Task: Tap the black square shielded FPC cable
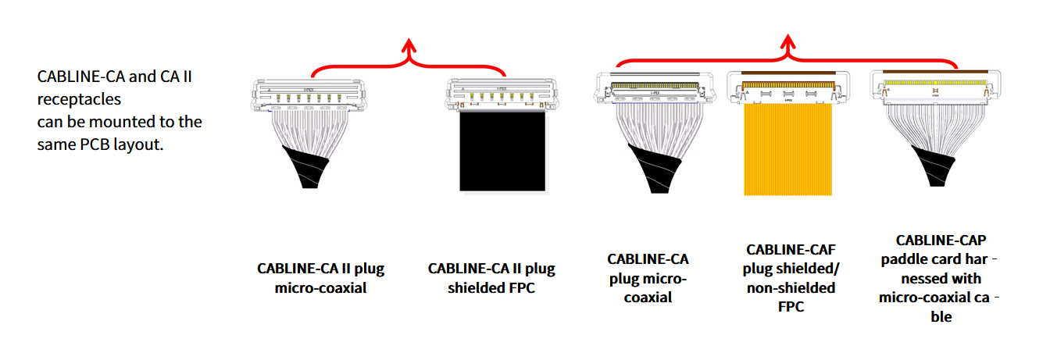click(x=502, y=151)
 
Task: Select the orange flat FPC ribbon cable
click(x=788, y=149)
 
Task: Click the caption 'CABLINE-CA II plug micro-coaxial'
click(x=320, y=278)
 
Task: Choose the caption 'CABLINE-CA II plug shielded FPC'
click(x=491, y=278)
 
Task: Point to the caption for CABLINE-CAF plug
click(x=791, y=278)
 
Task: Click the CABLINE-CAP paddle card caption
click(x=939, y=279)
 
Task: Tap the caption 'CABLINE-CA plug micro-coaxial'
click(x=648, y=278)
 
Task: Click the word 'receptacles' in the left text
click(x=79, y=99)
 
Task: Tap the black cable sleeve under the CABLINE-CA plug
click(x=655, y=169)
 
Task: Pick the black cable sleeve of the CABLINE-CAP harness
click(x=934, y=166)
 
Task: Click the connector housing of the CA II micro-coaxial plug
click(x=309, y=95)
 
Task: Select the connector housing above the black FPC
click(x=502, y=94)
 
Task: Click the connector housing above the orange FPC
click(x=788, y=87)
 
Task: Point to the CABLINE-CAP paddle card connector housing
click(x=935, y=87)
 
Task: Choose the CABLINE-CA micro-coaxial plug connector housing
click(x=655, y=87)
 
